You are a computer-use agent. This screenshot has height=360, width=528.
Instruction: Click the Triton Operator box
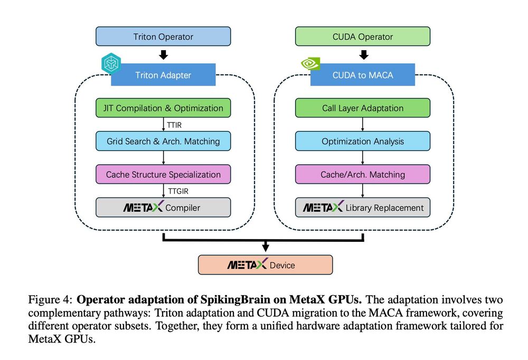tap(163, 36)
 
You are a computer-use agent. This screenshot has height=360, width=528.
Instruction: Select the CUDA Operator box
tap(363, 36)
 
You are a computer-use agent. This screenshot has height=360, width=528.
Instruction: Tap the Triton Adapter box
tap(163, 75)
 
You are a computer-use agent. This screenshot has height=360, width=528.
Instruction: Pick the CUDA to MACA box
tap(363, 75)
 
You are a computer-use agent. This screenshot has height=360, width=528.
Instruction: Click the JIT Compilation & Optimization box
tap(163, 108)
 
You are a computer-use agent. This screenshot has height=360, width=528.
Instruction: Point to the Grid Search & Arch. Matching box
tap(163, 141)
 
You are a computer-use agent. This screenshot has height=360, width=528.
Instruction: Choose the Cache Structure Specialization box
tap(163, 174)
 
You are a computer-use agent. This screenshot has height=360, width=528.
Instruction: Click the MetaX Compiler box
tap(163, 207)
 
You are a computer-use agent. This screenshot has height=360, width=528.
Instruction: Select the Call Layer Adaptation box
tap(363, 108)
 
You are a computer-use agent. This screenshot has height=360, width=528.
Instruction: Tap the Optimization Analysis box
tap(363, 141)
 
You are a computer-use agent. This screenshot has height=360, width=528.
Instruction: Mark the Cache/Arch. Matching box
tap(363, 174)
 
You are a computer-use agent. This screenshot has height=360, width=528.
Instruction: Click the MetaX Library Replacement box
tap(363, 207)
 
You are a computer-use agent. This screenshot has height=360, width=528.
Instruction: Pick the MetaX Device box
tap(265, 265)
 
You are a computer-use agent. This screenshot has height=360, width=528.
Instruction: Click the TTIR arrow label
tap(174, 125)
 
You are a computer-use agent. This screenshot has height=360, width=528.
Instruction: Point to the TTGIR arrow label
tap(176, 191)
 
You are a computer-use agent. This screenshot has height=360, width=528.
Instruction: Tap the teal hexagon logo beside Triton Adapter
tap(111, 64)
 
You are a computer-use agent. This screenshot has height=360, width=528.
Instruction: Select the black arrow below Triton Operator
tap(163, 54)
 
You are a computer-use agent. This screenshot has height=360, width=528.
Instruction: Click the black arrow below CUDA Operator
tap(363, 54)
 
